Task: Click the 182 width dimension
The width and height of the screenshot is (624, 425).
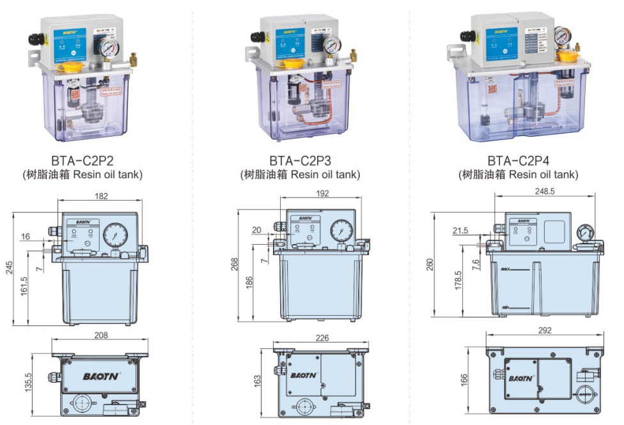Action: pos(101,197)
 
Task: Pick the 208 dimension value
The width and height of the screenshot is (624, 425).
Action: pos(100,335)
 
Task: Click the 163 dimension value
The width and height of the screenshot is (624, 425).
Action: pos(258,380)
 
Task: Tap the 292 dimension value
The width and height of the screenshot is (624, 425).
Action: pos(545,330)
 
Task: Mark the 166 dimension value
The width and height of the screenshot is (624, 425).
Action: pos(465,379)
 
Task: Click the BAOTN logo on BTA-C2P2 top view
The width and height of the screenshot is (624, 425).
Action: pos(100,376)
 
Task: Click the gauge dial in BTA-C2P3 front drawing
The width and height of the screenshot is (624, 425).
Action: pos(341,229)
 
